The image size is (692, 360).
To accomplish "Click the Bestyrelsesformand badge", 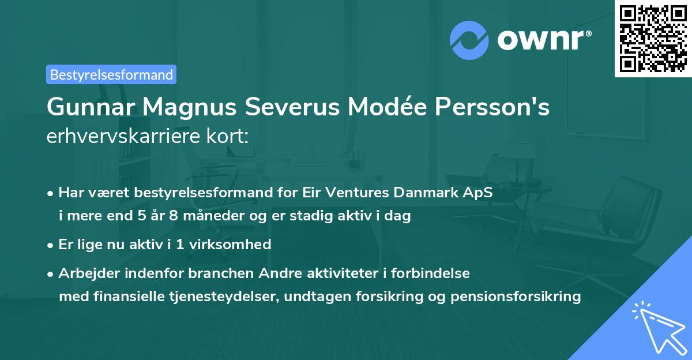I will [111, 74].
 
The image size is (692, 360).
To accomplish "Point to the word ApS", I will [480, 192].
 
